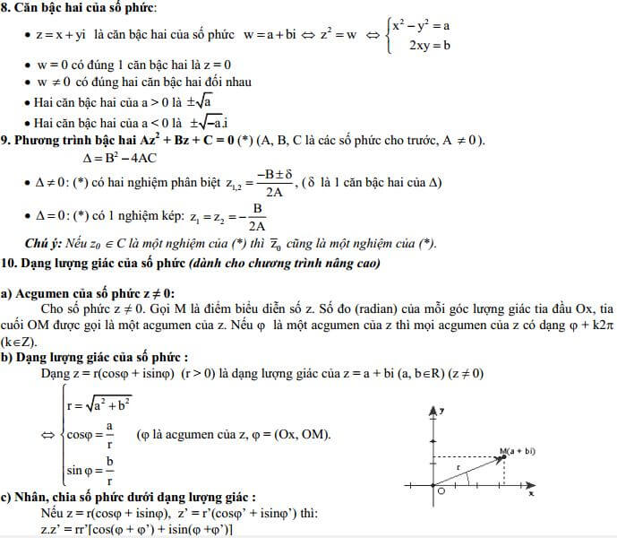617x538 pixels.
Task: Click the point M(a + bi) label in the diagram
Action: tap(519, 451)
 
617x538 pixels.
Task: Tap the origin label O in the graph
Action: tap(440, 491)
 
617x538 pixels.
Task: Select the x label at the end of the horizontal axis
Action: tap(531, 493)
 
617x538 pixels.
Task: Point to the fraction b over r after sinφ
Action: tap(109, 471)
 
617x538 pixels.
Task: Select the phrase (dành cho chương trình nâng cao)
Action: tap(283, 263)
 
